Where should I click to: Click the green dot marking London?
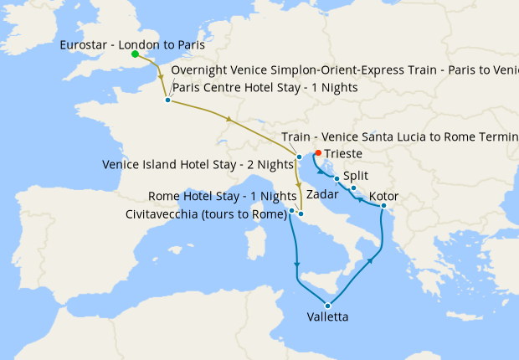(x=135, y=54)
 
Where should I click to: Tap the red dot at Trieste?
(x=317, y=153)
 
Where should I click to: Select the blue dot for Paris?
(x=167, y=100)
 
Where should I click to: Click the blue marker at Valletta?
(x=328, y=305)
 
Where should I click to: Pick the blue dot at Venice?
(x=299, y=157)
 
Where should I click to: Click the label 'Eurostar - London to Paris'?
(x=132, y=44)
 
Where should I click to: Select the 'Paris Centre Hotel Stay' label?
(x=265, y=88)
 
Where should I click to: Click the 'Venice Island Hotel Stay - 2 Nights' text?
(x=197, y=164)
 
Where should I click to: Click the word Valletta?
(x=328, y=317)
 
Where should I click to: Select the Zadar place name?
(x=322, y=194)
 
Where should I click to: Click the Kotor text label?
(x=383, y=197)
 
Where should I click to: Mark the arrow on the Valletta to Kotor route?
(x=368, y=261)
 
